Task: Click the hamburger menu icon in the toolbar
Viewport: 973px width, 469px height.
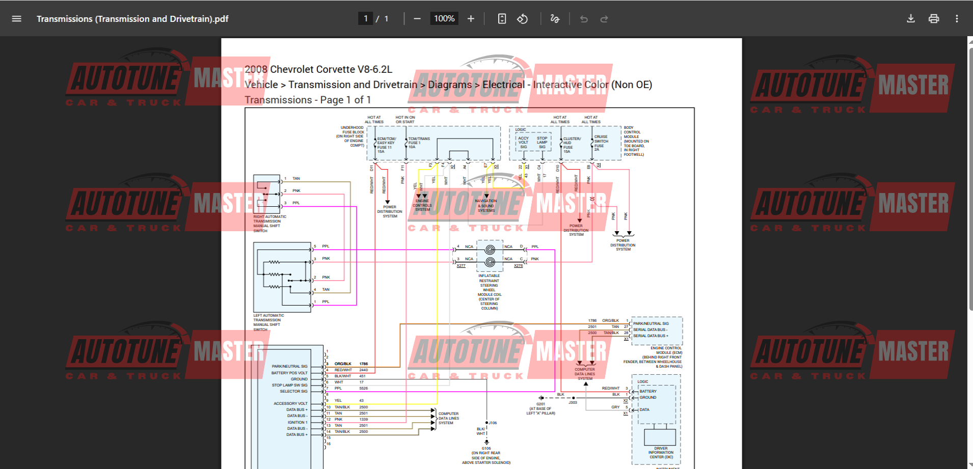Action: [x=16, y=19]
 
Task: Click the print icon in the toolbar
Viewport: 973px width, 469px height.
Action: [x=933, y=19]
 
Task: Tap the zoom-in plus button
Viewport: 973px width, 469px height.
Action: [x=471, y=19]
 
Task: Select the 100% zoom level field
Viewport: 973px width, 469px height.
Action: [x=444, y=19]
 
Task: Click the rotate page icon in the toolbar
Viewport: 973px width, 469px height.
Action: [x=522, y=19]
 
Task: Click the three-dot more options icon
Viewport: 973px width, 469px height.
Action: [x=957, y=19]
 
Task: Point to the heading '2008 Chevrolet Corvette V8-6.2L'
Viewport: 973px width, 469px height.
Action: [x=318, y=69]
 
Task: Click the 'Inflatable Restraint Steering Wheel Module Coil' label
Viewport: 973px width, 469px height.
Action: [x=489, y=292]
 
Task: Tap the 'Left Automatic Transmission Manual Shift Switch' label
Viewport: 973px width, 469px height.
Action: [x=268, y=322]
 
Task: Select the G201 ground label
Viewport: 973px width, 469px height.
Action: [x=540, y=404]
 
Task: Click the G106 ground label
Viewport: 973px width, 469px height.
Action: [x=486, y=449]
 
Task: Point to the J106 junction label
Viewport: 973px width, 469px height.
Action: [x=493, y=423]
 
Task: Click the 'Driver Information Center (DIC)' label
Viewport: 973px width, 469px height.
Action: [x=661, y=453]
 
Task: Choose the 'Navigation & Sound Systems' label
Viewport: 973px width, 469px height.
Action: [x=486, y=206]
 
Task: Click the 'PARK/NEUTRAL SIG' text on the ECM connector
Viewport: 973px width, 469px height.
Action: [x=651, y=323]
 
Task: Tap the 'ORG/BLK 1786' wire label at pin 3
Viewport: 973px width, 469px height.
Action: [x=350, y=364]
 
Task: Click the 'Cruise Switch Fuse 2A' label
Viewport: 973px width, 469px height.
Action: [x=601, y=143]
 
